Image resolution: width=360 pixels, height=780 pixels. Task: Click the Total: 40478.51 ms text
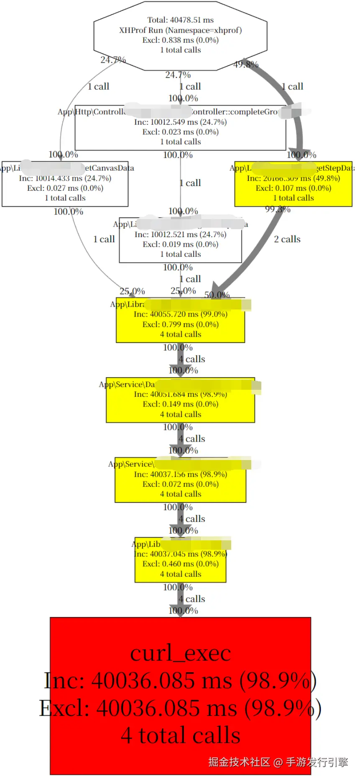click(x=180, y=20)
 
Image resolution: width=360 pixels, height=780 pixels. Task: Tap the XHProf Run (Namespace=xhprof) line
click(x=180, y=30)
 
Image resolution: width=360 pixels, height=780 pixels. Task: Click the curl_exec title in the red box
click(x=180, y=653)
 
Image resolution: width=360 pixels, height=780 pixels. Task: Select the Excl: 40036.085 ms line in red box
click(x=180, y=708)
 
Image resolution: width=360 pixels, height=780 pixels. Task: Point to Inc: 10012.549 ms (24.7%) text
click(x=180, y=122)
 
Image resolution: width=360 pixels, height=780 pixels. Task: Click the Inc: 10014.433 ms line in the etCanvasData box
click(x=65, y=178)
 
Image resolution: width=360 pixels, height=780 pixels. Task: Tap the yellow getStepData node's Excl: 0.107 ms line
click(x=293, y=188)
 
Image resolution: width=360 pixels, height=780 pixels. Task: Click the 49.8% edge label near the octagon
click(x=246, y=64)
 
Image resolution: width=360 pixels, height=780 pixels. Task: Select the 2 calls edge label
click(x=287, y=239)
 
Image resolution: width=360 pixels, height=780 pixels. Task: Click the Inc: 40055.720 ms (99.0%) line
click(x=180, y=314)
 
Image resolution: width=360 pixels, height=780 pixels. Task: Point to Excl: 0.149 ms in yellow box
click(x=180, y=404)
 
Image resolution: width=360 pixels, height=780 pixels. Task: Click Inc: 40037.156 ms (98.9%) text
click(x=180, y=474)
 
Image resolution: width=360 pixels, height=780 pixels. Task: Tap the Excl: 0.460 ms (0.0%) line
click(x=180, y=564)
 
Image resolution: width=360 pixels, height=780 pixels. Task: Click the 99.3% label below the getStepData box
click(x=278, y=209)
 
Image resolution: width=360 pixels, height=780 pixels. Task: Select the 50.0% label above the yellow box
click(x=217, y=295)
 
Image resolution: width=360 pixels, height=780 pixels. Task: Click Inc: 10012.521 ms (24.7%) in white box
click(x=180, y=235)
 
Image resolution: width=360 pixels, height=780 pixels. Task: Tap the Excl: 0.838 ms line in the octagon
click(x=180, y=40)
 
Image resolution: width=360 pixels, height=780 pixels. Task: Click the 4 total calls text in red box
click(x=180, y=736)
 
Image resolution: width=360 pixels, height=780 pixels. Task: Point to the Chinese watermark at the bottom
click(x=278, y=762)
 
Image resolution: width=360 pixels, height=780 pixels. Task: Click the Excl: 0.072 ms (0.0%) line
click(x=180, y=484)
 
